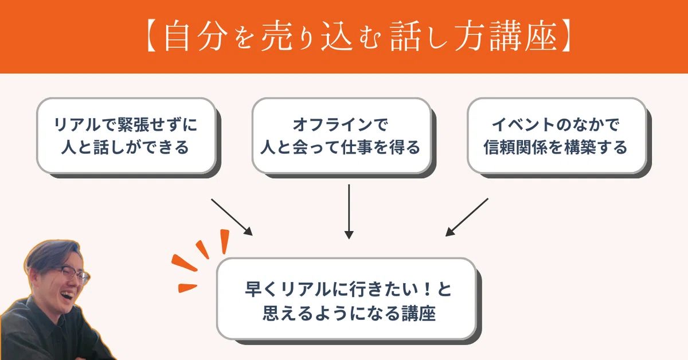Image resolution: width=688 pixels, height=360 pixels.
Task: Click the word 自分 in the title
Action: point(196,36)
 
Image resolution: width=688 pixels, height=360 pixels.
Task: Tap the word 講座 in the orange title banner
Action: point(523,36)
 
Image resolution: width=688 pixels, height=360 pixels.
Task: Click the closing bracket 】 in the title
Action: point(565,36)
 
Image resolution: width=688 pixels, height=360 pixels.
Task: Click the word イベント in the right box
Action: point(523,125)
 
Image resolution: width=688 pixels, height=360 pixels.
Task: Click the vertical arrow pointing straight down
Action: point(349,212)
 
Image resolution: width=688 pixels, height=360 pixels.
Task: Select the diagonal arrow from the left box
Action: point(232,217)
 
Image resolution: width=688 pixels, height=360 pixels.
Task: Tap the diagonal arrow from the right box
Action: point(467,217)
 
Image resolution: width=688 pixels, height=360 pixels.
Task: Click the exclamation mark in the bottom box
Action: point(427,289)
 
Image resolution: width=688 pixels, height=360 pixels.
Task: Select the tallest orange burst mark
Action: point(225,242)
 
